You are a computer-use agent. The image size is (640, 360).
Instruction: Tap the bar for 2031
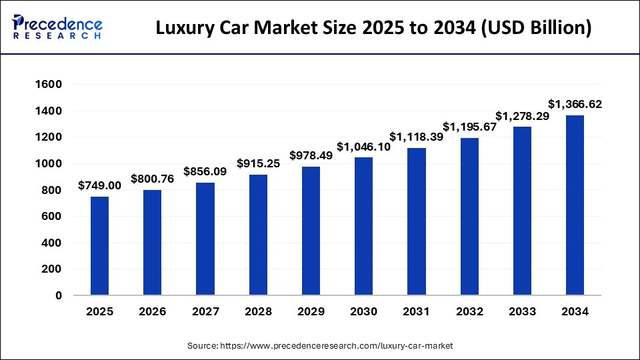pyautogui.click(x=417, y=221)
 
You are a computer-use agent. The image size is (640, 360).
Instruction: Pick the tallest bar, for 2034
pyautogui.click(x=575, y=205)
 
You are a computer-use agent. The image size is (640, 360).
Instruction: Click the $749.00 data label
pyautogui.click(x=99, y=185)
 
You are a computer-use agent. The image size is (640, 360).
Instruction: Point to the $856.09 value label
pyautogui.click(x=205, y=171)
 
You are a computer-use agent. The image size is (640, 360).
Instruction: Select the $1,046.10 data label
pyautogui.click(x=364, y=146)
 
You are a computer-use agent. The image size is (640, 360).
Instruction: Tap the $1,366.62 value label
pyautogui.click(x=575, y=104)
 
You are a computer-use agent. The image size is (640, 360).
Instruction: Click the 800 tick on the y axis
pyautogui.click(x=53, y=190)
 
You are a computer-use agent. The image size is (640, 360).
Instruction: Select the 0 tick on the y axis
pyautogui.click(x=59, y=295)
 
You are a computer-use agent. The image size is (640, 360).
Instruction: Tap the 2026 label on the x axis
pyautogui.click(x=152, y=312)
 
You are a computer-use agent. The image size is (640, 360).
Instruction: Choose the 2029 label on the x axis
pyautogui.click(x=311, y=312)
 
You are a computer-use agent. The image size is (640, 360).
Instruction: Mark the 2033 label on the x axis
pyautogui.click(x=522, y=312)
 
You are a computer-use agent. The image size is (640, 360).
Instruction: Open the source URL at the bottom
pyautogui.click(x=319, y=346)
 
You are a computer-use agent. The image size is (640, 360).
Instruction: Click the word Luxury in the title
pyautogui.click(x=183, y=29)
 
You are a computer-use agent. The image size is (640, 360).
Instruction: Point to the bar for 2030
pyautogui.click(x=364, y=227)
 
